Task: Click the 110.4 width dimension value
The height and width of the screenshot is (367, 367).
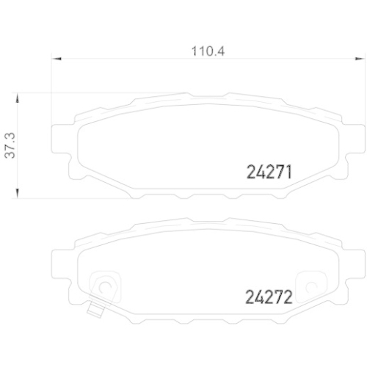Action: coord(206,52)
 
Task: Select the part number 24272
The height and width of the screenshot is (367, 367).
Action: coord(268,299)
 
